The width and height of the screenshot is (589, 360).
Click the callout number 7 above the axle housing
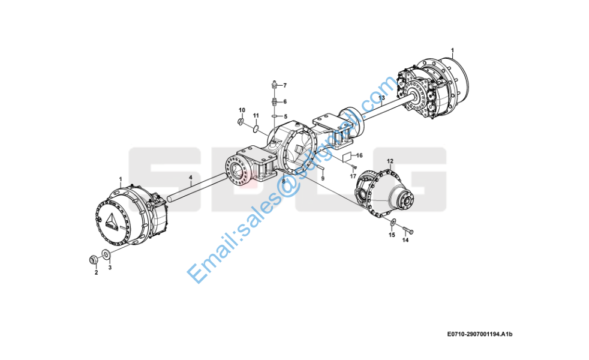[285, 85]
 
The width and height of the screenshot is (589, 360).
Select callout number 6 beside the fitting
[285, 101]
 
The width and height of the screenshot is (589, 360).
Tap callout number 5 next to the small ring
[286, 116]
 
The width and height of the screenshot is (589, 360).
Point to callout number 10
[242, 110]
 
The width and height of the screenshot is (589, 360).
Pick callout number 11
[256, 115]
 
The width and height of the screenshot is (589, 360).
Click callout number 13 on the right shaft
[381, 98]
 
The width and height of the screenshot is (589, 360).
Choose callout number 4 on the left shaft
[191, 178]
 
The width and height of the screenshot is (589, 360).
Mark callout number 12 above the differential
[390, 161]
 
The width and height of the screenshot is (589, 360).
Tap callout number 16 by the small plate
[360, 155]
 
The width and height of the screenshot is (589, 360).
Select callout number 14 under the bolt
[405, 241]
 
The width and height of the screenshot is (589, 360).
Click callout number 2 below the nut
[95, 273]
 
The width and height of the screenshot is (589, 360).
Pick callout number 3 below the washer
[110, 268]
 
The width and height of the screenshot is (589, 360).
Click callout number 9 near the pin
[323, 179]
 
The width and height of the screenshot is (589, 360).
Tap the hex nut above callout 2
[94, 259]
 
